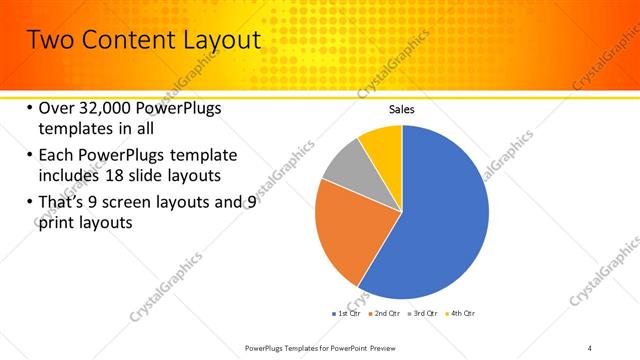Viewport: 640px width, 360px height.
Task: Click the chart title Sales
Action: [401, 110]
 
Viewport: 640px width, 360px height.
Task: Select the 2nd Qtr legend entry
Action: [385, 315]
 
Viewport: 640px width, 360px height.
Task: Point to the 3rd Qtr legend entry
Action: [422, 315]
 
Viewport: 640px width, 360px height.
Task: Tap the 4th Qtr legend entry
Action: [459, 315]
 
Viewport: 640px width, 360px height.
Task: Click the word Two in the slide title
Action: [49, 40]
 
